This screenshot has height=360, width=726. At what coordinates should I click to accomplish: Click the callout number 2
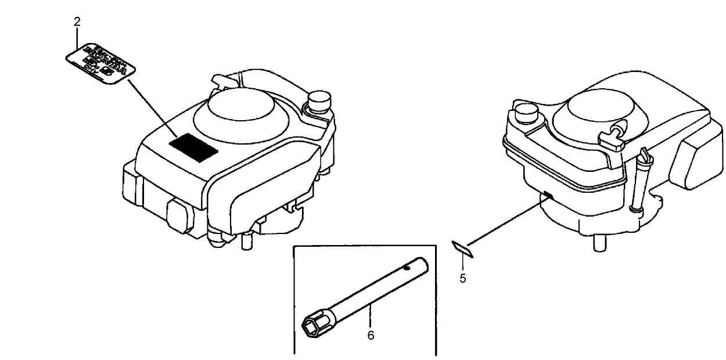pyautogui.click(x=77, y=22)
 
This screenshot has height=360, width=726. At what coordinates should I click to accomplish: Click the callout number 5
pyautogui.click(x=463, y=278)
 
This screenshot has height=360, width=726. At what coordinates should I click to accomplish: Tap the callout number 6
pyautogui.click(x=371, y=335)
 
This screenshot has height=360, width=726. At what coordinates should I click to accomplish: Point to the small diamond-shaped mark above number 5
pyautogui.click(x=463, y=249)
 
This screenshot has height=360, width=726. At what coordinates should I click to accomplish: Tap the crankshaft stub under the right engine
pyautogui.click(x=598, y=242)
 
